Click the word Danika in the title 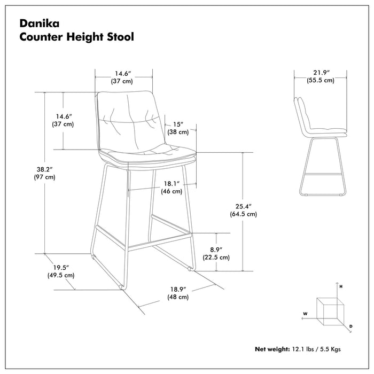(x=38, y=23)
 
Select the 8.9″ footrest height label (x=216, y=248)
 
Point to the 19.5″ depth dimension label (x=60, y=267)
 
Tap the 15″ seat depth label (x=178, y=123)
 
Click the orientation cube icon (x=329, y=309)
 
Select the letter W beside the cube (x=305, y=314)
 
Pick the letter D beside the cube (x=350, y=325)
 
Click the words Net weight (x=272, y=349)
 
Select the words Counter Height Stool (x=76, y=37)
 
